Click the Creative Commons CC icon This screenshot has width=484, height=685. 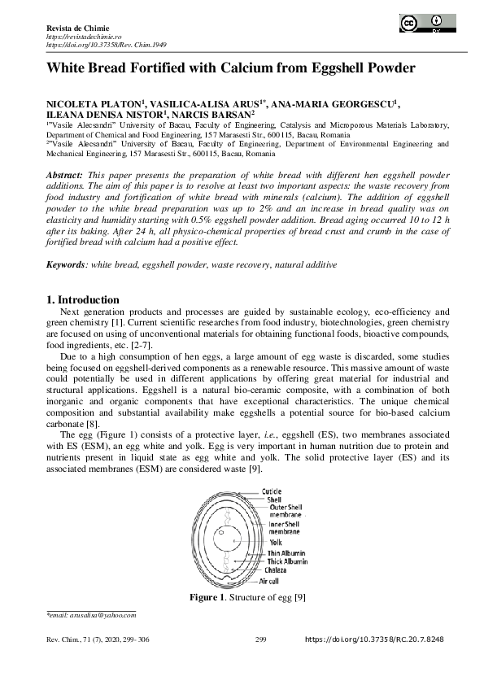tap(408, 24)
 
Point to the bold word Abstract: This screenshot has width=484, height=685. tap(64, 175)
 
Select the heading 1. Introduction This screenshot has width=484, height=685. tap(85, 300)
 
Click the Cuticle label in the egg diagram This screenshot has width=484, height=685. tap(272, 491)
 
